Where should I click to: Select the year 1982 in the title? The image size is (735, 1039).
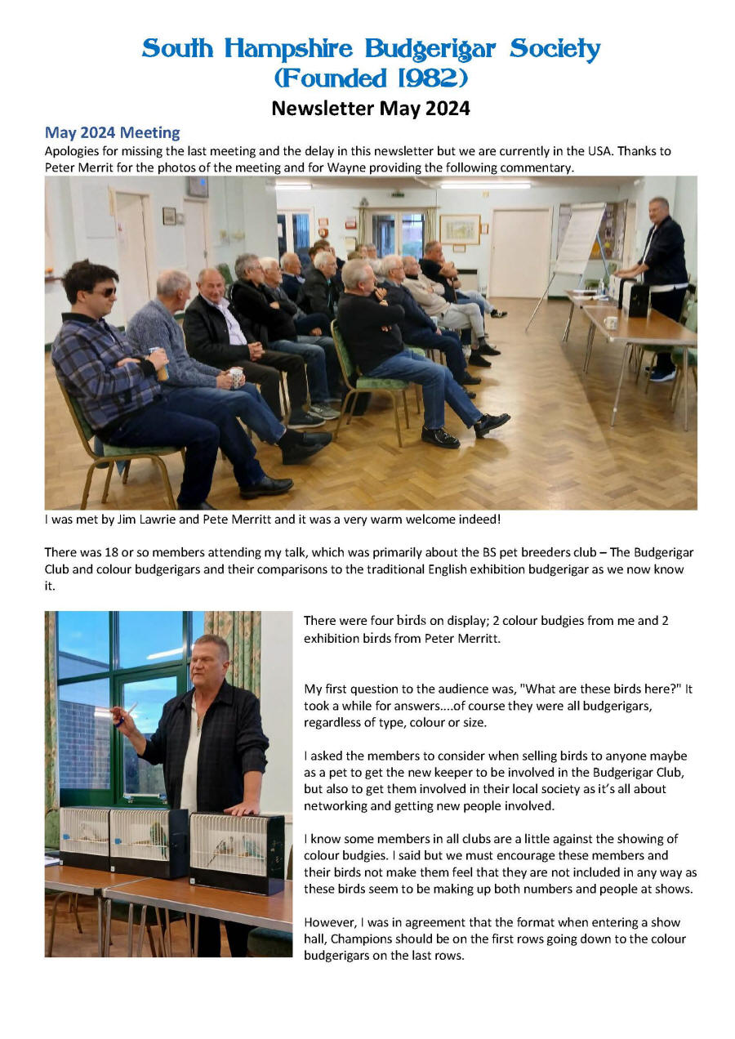429,78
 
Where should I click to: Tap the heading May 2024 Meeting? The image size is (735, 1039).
112,132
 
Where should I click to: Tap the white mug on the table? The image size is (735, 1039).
611,322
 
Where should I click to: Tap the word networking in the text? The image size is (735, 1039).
336,805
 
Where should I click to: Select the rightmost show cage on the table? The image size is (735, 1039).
237,849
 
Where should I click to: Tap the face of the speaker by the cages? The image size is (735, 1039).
211,662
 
